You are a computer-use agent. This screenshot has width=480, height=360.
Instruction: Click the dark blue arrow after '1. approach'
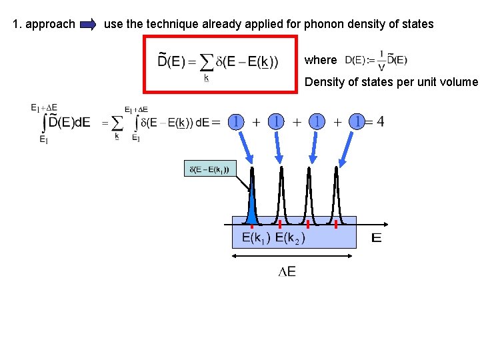88,25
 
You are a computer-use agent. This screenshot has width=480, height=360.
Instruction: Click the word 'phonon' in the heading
322,24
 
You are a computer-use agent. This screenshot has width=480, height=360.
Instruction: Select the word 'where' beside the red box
321,60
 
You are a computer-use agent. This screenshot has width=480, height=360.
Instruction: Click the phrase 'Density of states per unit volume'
391,82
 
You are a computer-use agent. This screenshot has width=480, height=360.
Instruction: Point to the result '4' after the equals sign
379,122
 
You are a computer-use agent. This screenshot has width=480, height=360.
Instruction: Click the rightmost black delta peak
337,197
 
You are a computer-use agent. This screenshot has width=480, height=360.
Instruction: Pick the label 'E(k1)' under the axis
255,238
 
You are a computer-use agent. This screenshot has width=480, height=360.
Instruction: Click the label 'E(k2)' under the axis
290,238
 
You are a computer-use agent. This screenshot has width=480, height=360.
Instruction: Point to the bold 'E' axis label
377,238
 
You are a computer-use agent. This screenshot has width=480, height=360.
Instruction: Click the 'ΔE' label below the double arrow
287,271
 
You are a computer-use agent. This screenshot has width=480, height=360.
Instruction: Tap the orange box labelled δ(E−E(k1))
209,169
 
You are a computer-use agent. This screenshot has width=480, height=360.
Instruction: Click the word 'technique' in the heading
149,24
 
